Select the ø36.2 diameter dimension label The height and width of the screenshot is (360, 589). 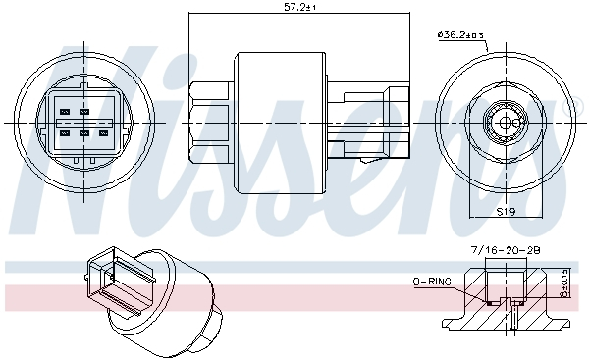click(460, 36)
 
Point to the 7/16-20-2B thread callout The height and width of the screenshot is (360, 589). click(507, 251)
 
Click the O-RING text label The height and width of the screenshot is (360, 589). click(432, 282)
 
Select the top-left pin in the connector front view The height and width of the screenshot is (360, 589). click(66, 113)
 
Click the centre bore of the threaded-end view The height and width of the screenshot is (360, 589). click(506, 122)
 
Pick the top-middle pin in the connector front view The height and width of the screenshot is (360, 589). click(84, 113)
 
